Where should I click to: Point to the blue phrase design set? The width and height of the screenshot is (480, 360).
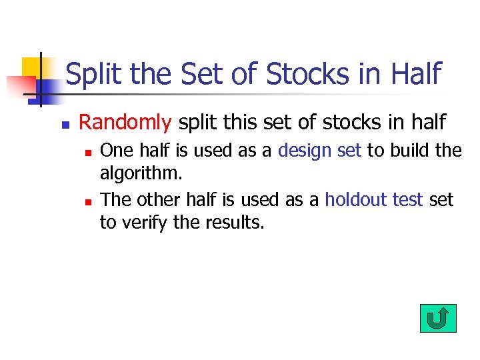[319, 151]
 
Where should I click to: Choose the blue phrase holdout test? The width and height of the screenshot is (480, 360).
[374, 200]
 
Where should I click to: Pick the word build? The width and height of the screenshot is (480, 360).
[408, 151]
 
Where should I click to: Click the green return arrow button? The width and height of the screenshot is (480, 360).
[438, 319]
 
